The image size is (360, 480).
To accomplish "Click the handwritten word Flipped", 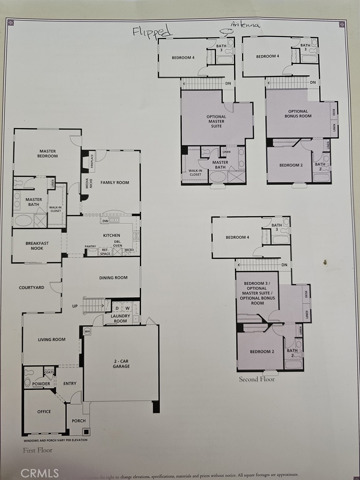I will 152,31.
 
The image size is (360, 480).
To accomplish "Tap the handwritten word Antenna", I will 245,24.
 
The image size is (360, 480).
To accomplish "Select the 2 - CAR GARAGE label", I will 121,363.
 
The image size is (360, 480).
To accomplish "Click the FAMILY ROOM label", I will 115,183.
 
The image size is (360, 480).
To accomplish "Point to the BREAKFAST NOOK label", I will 37,246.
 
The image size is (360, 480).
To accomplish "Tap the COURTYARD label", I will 31,287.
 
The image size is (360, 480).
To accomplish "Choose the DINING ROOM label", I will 113,277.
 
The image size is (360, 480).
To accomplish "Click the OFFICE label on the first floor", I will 44,412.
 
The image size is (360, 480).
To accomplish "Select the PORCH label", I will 79,421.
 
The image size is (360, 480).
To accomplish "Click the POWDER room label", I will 41,383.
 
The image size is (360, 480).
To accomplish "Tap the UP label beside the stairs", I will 75,306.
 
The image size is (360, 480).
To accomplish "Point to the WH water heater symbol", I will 87,331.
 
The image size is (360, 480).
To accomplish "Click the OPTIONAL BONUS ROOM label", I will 298,113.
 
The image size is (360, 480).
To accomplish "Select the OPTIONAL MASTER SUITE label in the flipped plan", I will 216,121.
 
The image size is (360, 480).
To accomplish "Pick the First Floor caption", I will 38,450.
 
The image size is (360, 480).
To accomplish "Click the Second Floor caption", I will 257,379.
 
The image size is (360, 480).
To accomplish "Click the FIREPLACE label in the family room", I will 91,161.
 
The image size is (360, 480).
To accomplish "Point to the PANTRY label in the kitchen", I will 90,247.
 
